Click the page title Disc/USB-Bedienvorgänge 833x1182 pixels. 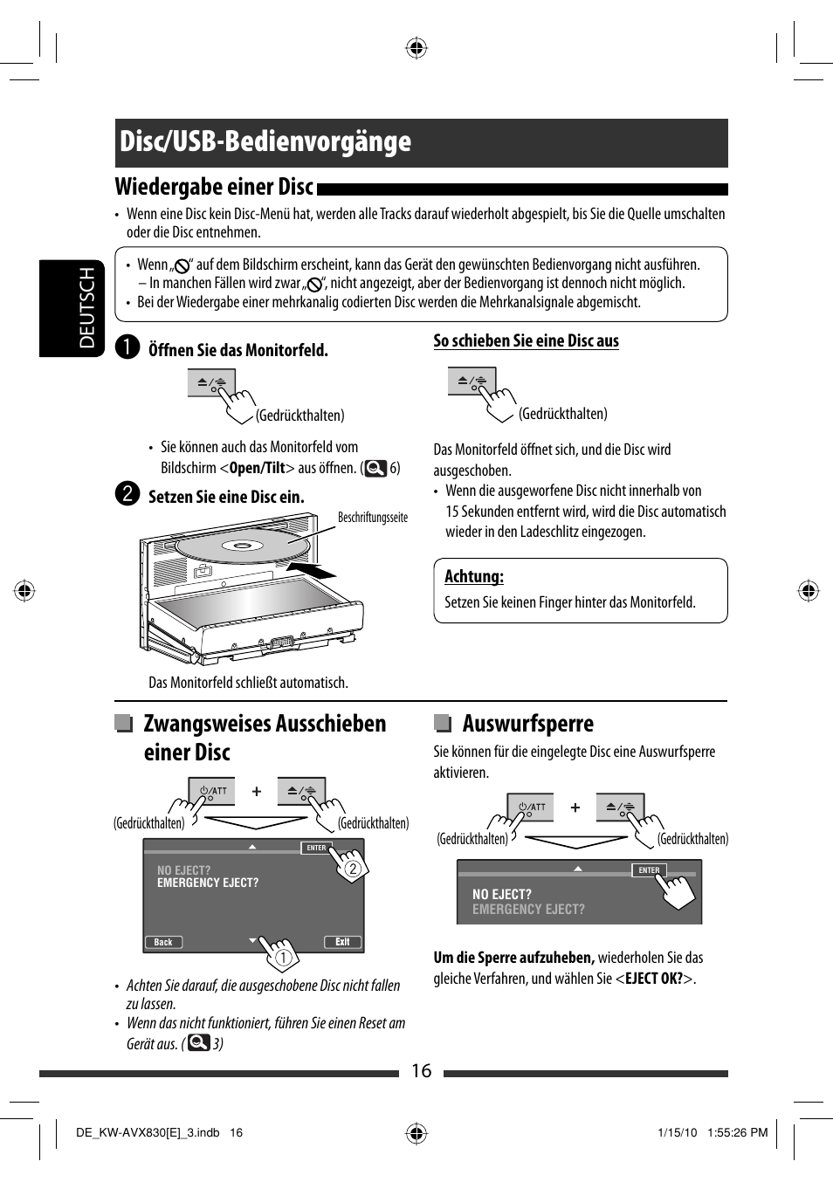[x=265, y=142]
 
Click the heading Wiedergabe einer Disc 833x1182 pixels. [x=214, y=187]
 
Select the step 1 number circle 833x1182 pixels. [x=127, y=347]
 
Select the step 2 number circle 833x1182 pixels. [x=127, y=494]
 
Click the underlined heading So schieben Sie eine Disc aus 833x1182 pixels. [x=526, y=341]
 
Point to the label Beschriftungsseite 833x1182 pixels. [x=373, y=518]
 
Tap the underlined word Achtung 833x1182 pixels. [x=473, y=576]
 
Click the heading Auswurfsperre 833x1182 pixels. [x=527, y=724]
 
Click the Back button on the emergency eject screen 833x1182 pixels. [x=163, y=942]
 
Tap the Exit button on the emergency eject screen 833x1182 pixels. [x=342, y=942]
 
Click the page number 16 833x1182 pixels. [x=421, y=1071]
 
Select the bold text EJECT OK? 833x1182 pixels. [x=654, y=979]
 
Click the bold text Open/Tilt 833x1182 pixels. [x=257, y=468]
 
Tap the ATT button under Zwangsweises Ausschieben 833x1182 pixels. [x=213, y=791]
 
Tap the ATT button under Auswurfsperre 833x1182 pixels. [x=531, y=807]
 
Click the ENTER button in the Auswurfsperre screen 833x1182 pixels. [x=649, y=870]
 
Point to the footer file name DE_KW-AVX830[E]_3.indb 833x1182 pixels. [x=148, y=1133]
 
